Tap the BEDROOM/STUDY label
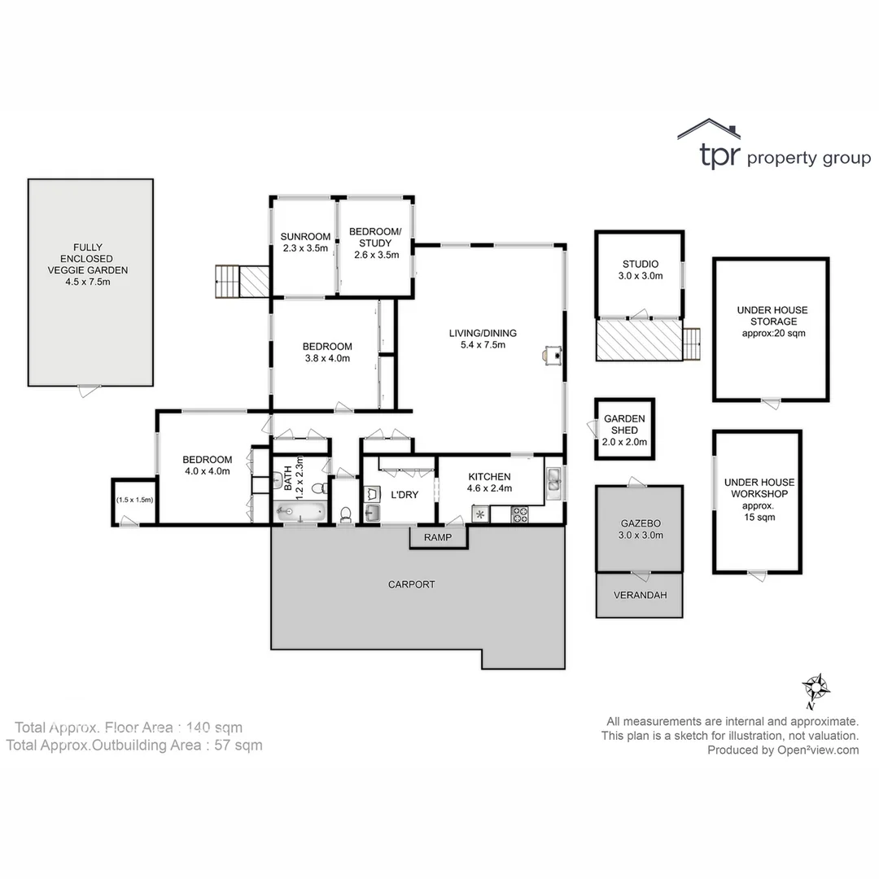[375, 243]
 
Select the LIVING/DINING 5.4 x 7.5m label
[483, 339]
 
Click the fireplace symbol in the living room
[553, 353]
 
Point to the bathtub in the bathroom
[300, 513]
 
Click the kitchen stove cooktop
[519, 514]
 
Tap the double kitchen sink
[553, 482]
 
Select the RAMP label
[437, 537]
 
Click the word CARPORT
[411, 584]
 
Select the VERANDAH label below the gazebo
[640, 595]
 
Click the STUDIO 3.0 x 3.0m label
[640, 269]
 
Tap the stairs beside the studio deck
[691, 343]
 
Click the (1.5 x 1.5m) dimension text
[134, 500]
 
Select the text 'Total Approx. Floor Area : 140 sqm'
[129, 727]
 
